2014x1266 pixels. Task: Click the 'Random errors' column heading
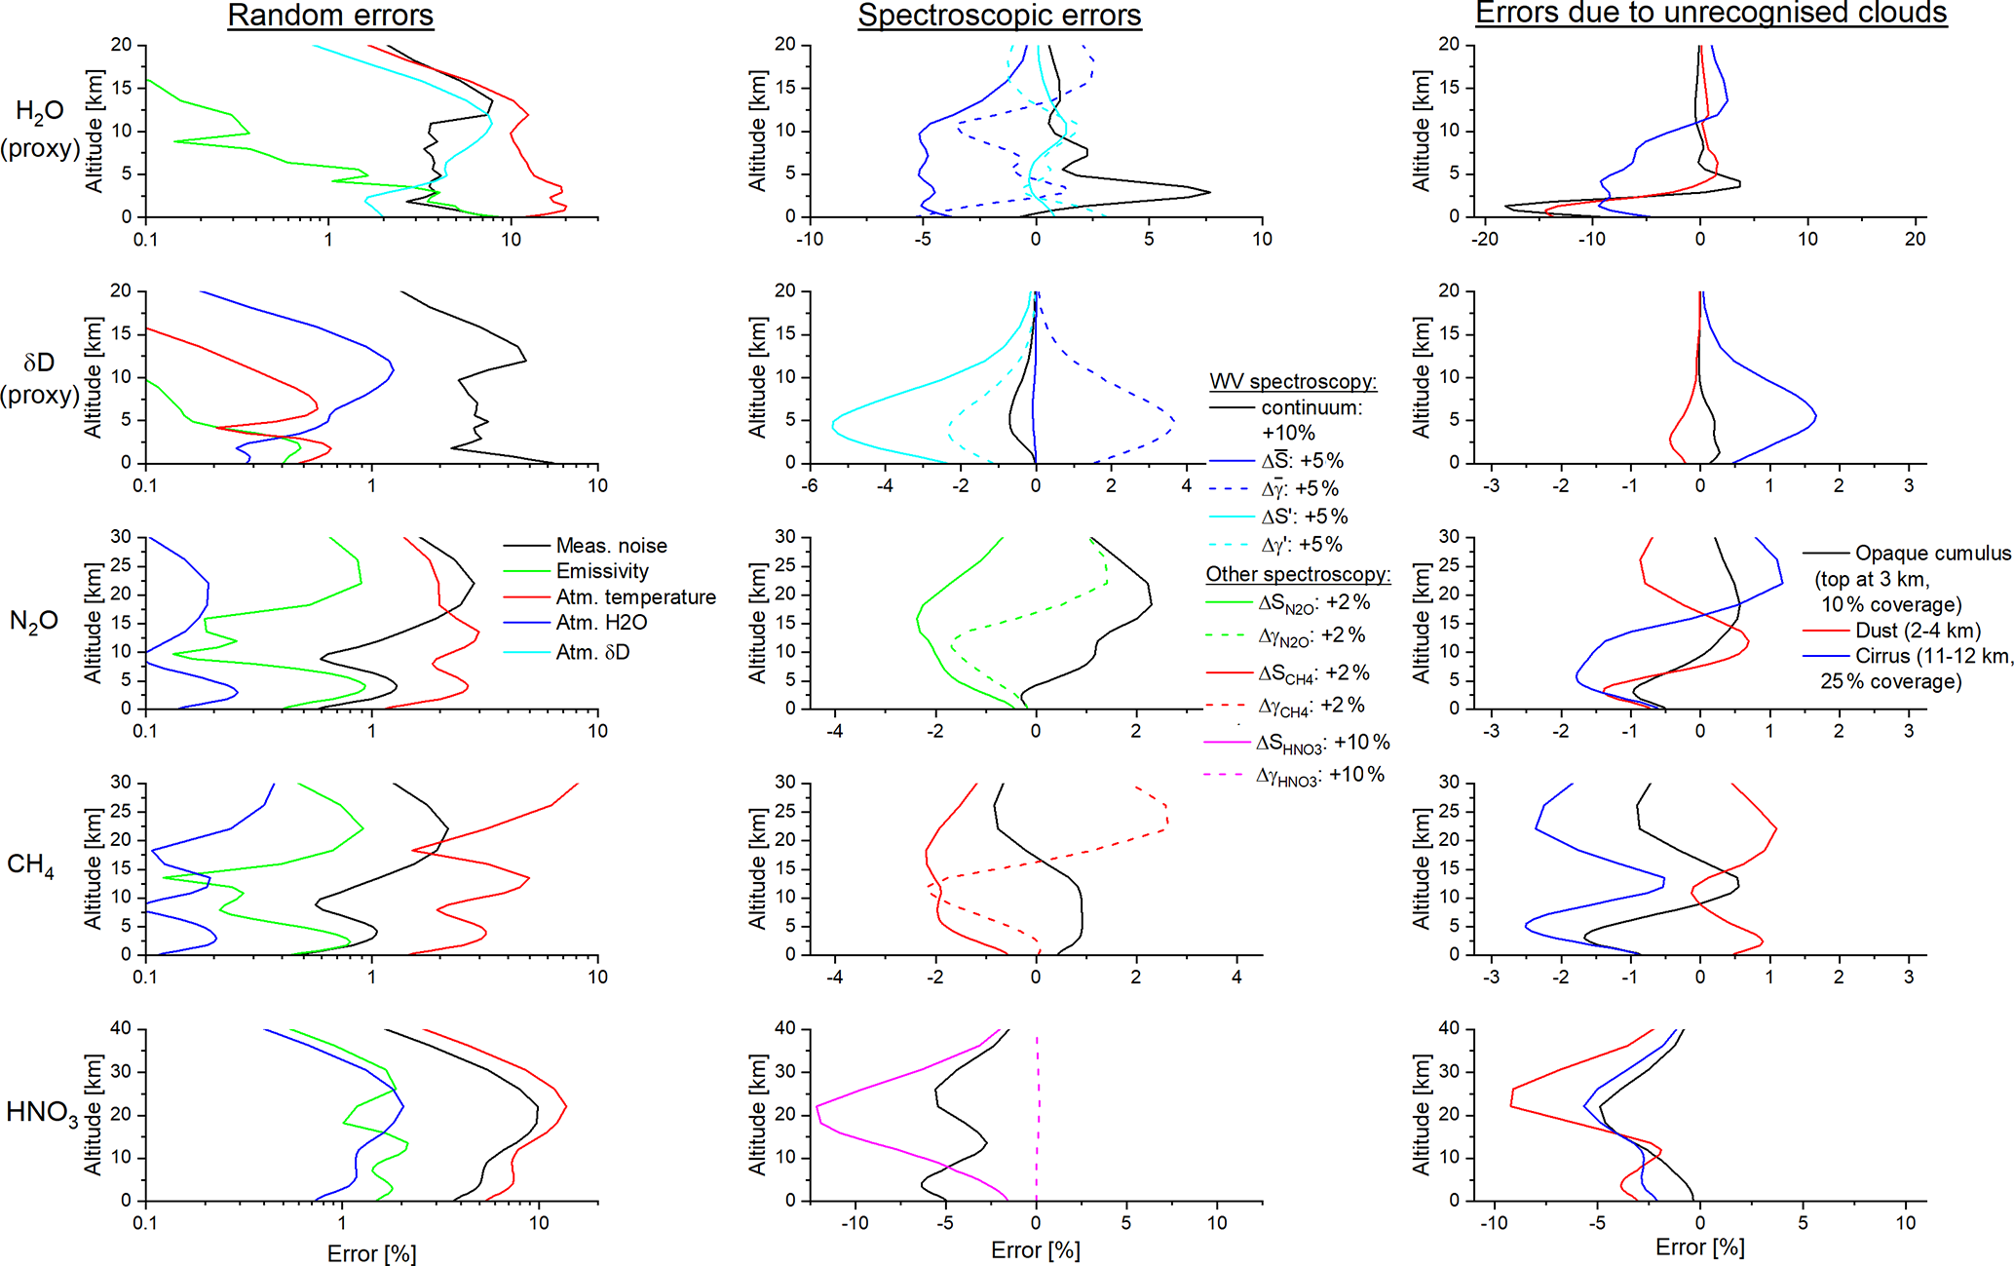coord(330,16)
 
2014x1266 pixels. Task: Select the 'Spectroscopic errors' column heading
coord(999,16)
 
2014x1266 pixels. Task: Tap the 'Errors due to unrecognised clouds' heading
coord(1711,13)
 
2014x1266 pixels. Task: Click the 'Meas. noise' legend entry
coord(611,546)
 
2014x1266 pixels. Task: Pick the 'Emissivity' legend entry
coord(601,571)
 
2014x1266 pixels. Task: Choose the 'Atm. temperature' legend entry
coord(635,596)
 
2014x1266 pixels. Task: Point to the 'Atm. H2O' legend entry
coord(601,623)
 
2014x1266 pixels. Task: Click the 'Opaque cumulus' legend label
coord(1932,554)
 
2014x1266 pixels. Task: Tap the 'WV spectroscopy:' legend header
coord(1293,381)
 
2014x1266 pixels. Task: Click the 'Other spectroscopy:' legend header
coord(1298,574)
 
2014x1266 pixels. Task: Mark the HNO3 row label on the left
coord(42,1113)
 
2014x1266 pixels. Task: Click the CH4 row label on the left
coord(30,865)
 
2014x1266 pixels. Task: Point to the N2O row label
coord(33,621)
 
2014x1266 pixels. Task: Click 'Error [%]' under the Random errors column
coord(371,1253)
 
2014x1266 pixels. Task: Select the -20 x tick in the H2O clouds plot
coord(1484,239)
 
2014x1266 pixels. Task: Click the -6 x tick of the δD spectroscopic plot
coord(809,485)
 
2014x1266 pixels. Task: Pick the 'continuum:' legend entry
coord(1311,407)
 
